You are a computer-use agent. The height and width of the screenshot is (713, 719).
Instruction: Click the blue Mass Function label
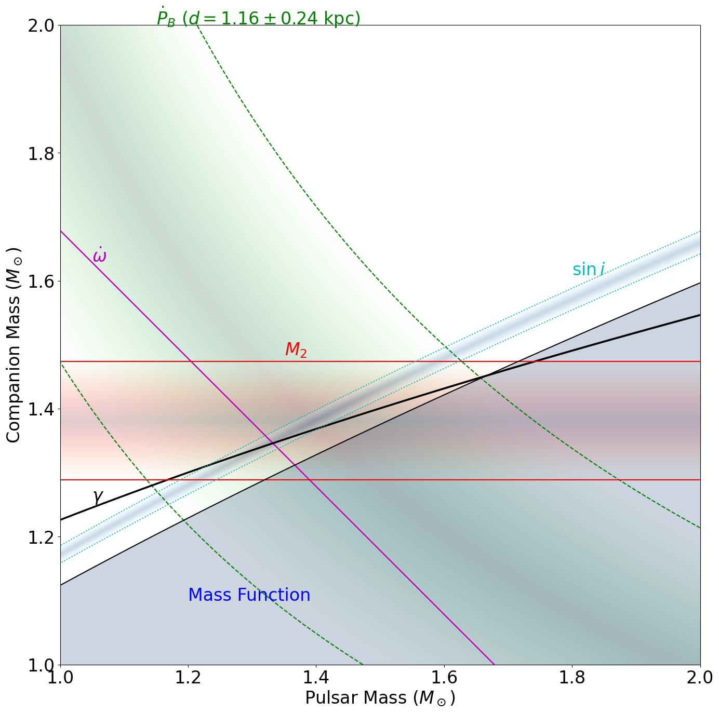pyautogui.click(x=249, y=595)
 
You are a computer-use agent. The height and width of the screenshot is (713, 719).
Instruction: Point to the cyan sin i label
pyautogui.click(x=589, y=270)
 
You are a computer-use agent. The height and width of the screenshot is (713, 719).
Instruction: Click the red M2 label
pyautogui.click(x=296, y=350)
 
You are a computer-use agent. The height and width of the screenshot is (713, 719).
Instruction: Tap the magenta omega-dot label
pyautogui.click(x=99, y=255)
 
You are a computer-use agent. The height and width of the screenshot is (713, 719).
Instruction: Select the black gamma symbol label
pyautogui.click(x=98, y=497)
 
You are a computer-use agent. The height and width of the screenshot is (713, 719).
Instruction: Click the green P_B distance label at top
pyautogui.click(x=258, y=18)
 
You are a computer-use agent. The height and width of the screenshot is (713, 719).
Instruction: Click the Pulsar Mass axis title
pyautogui.click(x=380, y=698)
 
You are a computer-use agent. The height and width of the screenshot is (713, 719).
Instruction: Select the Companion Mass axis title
pyautogui.click(x=14, y=345)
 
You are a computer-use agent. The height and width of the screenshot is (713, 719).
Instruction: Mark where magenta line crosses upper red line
pyautogui.click(x=191, y=361)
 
